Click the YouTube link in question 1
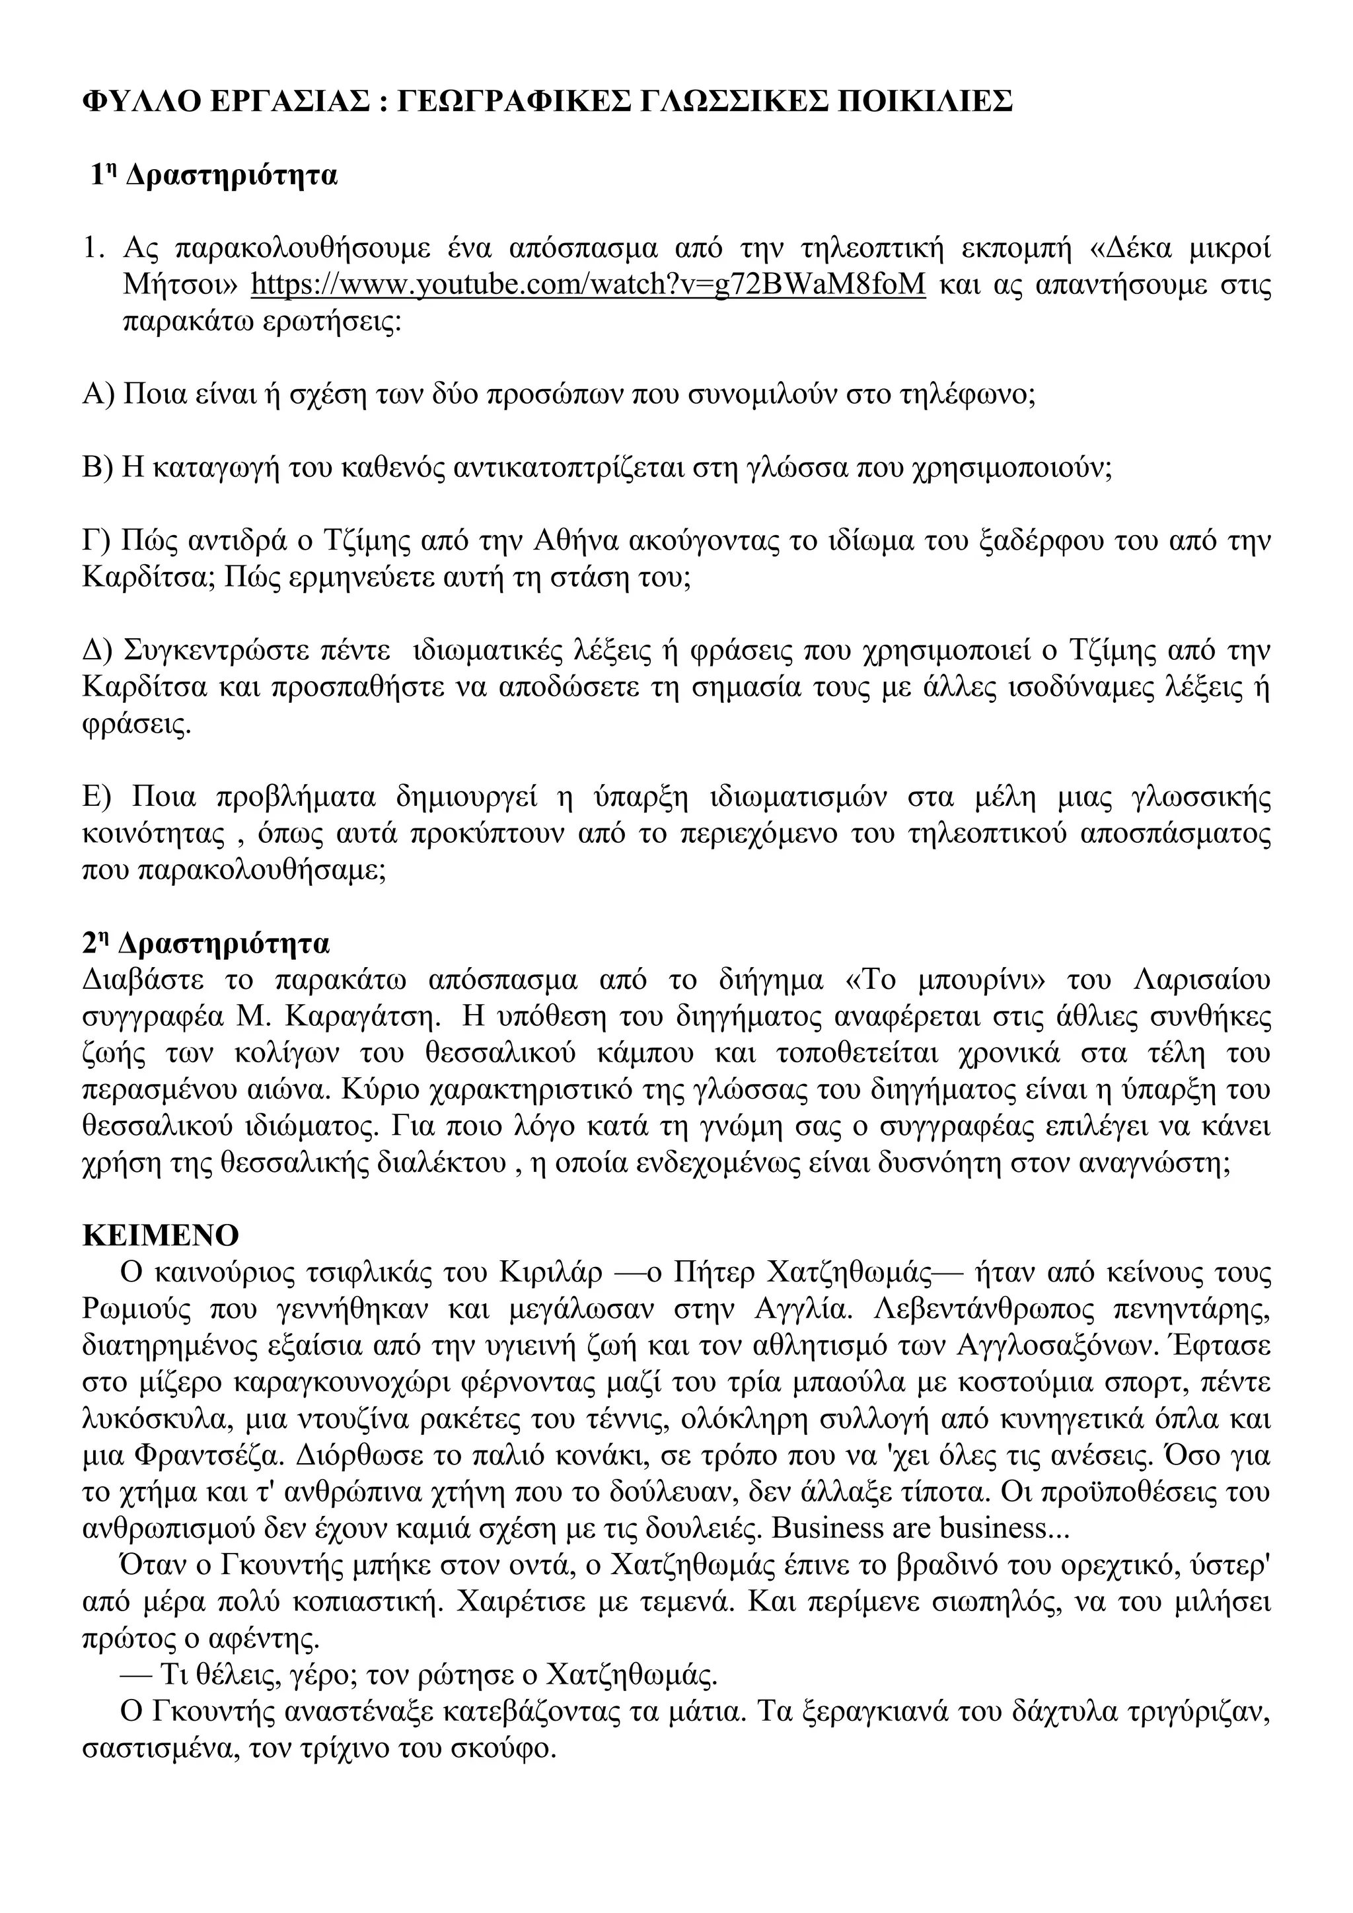(588, 285)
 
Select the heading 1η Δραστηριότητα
(214, 176)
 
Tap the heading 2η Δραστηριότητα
(207, 943)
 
